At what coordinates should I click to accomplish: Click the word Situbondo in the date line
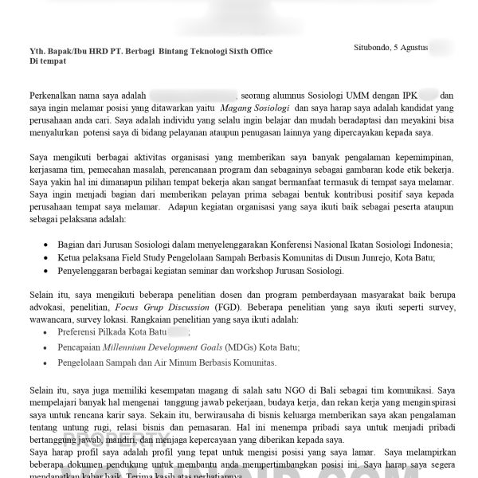tap(372, 48)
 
